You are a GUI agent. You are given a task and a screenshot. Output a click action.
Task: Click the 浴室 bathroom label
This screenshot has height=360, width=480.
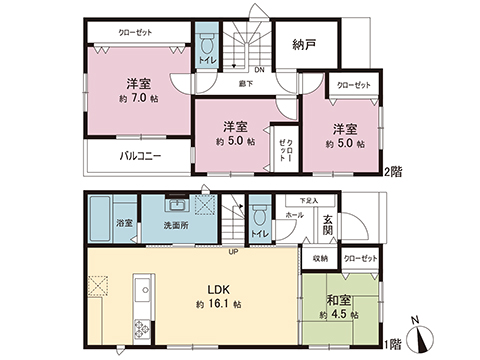click(124, 223)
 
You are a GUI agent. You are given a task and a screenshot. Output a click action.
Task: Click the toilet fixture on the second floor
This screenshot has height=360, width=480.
click(208, 48)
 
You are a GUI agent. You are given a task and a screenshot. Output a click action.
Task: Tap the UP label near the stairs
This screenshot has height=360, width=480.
click(234, 251)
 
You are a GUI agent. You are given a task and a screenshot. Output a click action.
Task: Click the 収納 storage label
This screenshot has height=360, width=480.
click(319, 258)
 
